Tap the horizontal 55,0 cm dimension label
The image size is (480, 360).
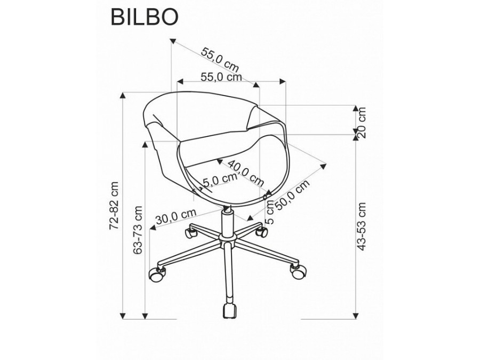point(221,77)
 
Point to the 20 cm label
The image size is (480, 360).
point(362,123)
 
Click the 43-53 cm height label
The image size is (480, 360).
point(362,226)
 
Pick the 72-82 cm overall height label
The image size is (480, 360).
point(114,205)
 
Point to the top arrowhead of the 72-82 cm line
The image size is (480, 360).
point(123,95)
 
